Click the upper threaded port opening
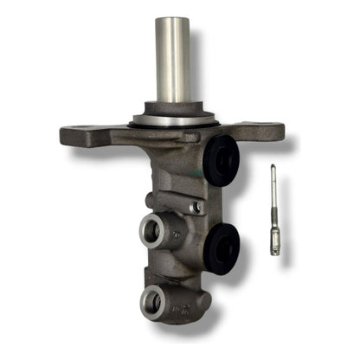153,230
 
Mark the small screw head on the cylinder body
198,208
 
